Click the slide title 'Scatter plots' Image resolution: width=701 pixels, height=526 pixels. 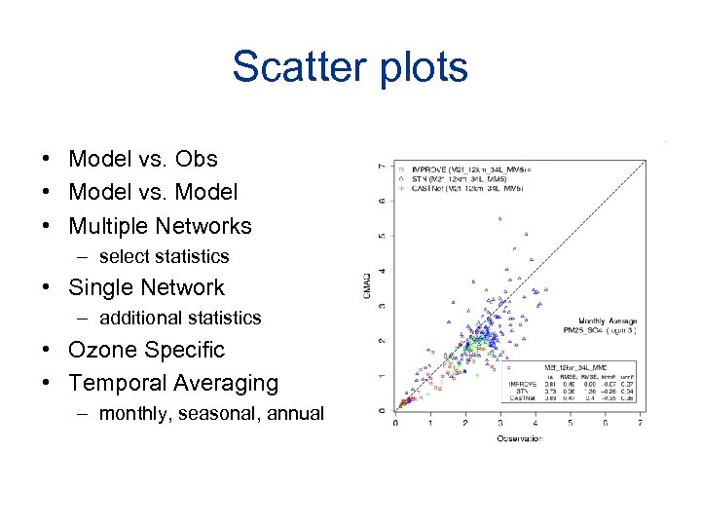[350, 67]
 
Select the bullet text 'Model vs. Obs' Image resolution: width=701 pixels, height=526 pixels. [143, 159]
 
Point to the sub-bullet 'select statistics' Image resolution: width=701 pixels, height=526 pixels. [164, 256]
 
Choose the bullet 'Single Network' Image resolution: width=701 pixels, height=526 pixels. [146, 287]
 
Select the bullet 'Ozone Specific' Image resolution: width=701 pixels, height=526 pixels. [146, 349]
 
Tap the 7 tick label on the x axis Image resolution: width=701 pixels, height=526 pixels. [640, 423]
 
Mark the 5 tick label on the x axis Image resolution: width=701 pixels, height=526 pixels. [571, 423]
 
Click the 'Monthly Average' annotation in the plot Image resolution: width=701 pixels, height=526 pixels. [608, 319]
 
